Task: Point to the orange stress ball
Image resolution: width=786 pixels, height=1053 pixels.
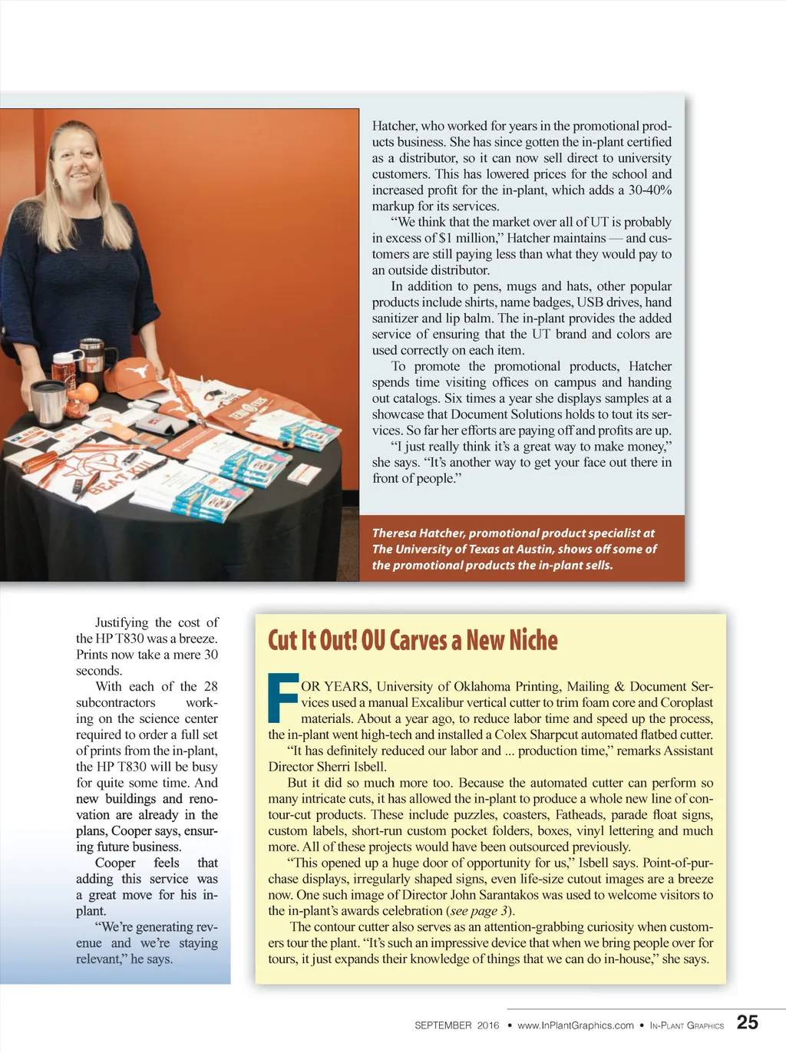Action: point(87,393)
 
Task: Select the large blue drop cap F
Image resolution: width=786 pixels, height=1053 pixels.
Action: point(282,698)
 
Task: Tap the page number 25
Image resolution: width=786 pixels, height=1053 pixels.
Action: point(747,1022)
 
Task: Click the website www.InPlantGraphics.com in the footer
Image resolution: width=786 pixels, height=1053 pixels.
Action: point(575,1025)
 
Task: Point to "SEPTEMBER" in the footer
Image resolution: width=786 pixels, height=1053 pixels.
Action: point(443,1025)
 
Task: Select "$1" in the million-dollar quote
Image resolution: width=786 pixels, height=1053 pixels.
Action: point(444,238)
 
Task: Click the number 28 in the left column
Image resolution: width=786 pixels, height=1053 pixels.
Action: point(210,686)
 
